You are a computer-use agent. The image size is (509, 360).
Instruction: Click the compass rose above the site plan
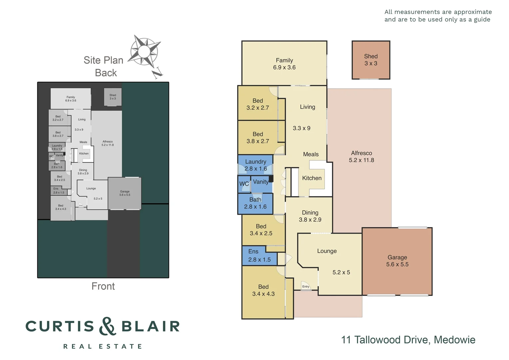coord(144,52)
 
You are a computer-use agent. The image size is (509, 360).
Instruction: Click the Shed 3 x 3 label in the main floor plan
coord(371,60)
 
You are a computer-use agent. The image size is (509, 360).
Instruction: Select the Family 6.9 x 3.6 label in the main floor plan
coord(284,64)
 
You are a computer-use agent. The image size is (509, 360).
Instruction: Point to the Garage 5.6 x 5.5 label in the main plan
coord(397,261)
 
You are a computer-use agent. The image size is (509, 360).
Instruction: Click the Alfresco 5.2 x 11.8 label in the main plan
coord(361,157)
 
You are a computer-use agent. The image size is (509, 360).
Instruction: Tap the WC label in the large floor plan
coord(244,184)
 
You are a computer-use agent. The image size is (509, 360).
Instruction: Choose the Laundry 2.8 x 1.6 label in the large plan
coord(255,165)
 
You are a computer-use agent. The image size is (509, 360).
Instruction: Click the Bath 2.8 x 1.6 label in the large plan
coord(255,203)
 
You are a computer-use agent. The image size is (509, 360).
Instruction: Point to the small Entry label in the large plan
coord(306,287)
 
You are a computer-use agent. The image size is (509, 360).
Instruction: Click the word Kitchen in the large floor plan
coord(312,178)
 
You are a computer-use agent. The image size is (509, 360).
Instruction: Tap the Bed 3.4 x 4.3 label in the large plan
coord(263,290)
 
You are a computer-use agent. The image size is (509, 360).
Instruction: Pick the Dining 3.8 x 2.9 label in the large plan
coord(310,216)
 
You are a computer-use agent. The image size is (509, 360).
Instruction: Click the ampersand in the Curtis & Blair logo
coord(107,326)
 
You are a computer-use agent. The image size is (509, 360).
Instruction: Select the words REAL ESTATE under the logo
coord(103,347)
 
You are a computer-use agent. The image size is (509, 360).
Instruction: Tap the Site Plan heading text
coord(103,60)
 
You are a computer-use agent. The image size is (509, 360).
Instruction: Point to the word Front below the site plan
coord(103,286)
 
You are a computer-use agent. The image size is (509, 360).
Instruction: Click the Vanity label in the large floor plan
coord(260,182)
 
